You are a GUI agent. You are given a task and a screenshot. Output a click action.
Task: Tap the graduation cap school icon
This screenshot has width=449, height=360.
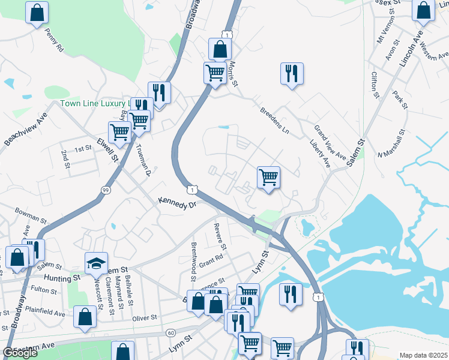pos(96,263)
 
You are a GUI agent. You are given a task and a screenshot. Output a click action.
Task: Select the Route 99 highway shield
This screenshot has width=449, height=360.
pos(106,190)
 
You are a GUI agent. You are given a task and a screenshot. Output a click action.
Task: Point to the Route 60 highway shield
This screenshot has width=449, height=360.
pos(170,332)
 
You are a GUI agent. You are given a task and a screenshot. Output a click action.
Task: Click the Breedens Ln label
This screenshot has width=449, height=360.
pos(274,120)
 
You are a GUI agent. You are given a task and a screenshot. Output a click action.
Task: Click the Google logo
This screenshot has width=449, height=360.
pos(20,353)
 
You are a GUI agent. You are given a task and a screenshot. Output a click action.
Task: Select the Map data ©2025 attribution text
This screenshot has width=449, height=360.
pos(423,355)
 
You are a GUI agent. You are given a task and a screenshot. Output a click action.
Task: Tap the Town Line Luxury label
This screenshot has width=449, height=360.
pos(94,103)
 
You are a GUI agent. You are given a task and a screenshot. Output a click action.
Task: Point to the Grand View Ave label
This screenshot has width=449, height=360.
pos(330,143)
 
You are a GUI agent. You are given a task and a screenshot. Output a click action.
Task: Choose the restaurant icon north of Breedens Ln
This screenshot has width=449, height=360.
pos(292,73)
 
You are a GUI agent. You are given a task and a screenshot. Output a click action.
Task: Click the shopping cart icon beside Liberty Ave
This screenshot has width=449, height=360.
pos(268,177)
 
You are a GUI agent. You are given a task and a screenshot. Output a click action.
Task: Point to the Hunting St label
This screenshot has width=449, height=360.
pos(62,278)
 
